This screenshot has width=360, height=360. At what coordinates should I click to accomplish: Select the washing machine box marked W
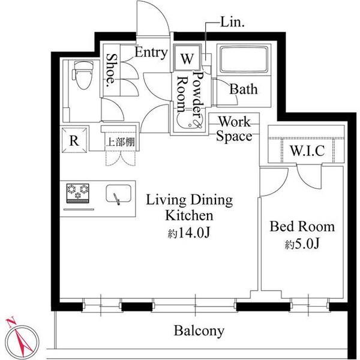click(x=187, y=59)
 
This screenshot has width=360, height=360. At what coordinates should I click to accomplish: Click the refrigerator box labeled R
click(x=74, y=142)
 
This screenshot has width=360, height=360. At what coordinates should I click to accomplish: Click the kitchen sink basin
click(x=118, y=194)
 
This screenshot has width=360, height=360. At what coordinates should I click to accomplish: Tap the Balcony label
click(x=199, y=330)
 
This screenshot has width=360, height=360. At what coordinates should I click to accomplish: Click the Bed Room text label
click(x=302, y=227)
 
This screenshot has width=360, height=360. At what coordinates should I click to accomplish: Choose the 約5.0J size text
click(x=302, y=245)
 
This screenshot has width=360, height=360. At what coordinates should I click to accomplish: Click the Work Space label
click(x=234, y=129)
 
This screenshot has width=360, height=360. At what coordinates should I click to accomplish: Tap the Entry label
click(x=150, y=53)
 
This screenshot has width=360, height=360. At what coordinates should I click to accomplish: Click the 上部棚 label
click(x=119, y=142)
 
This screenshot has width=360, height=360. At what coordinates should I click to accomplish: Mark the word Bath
click(x=244, y=89)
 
